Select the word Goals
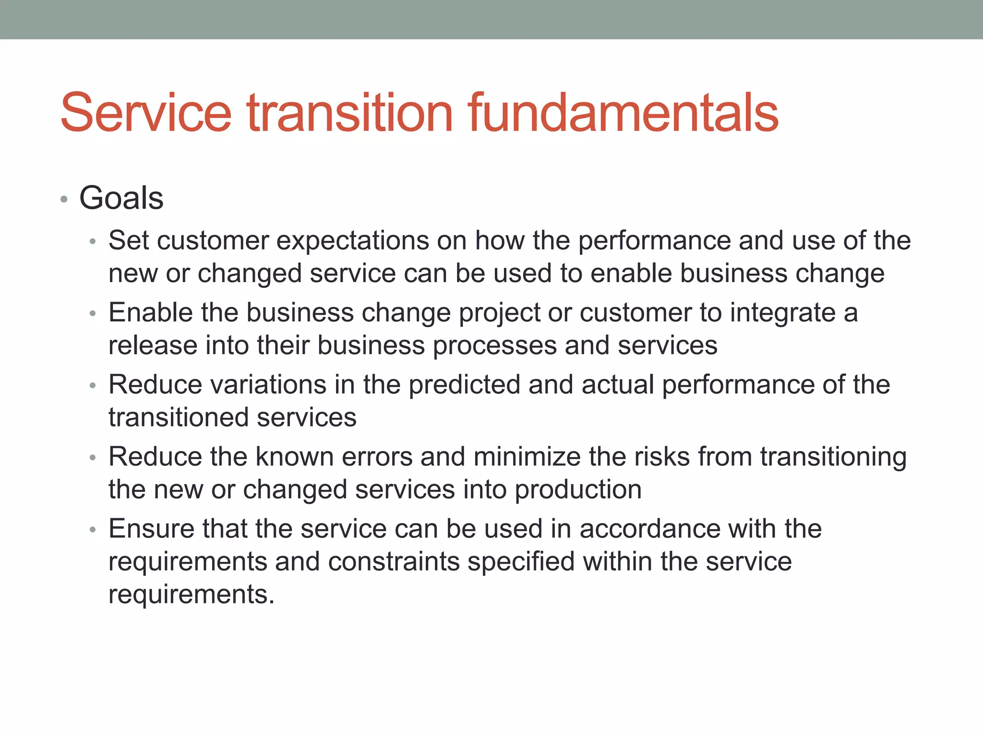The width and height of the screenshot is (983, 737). tap(121, 198)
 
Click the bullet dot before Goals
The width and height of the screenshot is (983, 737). tap(64, 199)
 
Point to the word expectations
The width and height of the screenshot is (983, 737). tap(352, 240)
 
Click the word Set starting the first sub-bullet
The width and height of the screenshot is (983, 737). tap(129, 240)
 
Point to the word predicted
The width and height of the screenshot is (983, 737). tap(464, 385)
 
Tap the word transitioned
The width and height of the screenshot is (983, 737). tap(178, 417)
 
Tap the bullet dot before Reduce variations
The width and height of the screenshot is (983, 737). tap(93, 386)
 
